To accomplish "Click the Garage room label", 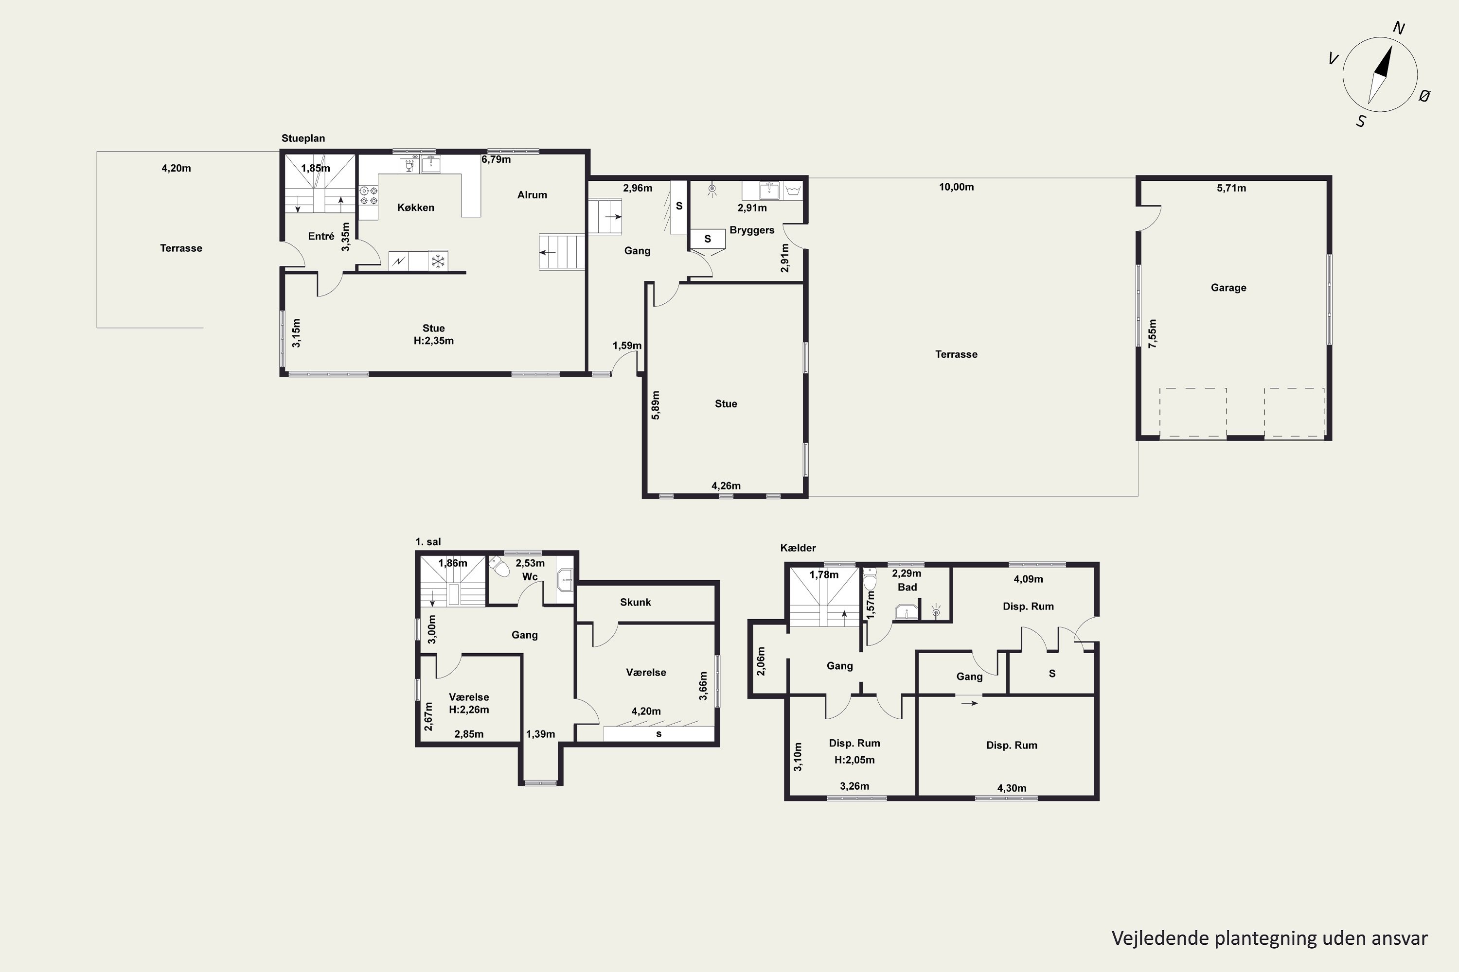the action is coord(1228,288).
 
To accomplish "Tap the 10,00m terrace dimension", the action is coord(956,187).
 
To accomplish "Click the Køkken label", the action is coord(416,208).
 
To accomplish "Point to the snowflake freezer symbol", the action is coord(439,261).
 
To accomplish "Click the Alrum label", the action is coord(532,195).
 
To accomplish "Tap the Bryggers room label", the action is coord(752,230).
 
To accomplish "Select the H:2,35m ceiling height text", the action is coord(434,341).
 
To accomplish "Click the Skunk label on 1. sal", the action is coord(635,602).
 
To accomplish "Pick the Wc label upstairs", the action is coord(530,576).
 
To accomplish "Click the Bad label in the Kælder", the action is coord(907,587).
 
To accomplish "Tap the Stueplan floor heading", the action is coord(303,138).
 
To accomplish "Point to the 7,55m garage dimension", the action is coord(1153,333).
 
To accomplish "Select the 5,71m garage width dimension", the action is coord(1231,188).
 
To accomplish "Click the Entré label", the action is coord(321,236).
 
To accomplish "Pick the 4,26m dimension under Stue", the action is coord(726,486).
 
